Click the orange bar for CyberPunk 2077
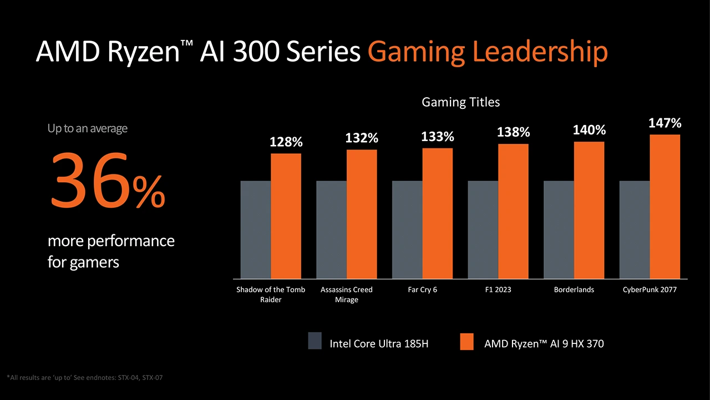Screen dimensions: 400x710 point(665,206)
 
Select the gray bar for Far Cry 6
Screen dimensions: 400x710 point(407,229)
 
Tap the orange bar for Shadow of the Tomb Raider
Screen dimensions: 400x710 point(286,216)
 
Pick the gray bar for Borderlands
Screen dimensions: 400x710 point(559,229)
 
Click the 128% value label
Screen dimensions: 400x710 point(286,143)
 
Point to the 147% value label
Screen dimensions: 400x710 point(665,123)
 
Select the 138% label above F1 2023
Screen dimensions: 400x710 point(513,132)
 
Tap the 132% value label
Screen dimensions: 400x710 point(362,138)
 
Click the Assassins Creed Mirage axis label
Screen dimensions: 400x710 point(347,294)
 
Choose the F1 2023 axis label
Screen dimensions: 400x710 point(498,290)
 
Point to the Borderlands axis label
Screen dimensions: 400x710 point(574,290)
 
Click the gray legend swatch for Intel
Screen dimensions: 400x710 point(315,341)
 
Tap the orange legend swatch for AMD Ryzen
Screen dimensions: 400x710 point(467,341)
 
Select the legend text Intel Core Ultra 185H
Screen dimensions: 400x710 point(379,344)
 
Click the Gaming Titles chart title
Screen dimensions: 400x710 point(460,102)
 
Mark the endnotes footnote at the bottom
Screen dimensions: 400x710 point(85,378)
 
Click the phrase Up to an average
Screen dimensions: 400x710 point(87,128)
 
